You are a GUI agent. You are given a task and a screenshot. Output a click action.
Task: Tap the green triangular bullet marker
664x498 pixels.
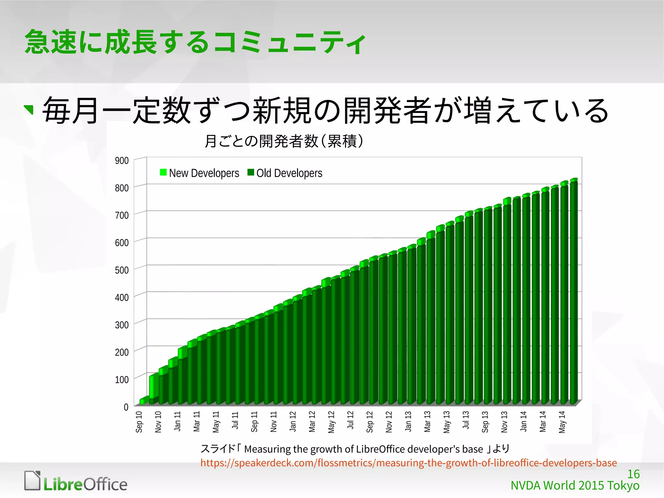pyautogui.click(x=29, y=109)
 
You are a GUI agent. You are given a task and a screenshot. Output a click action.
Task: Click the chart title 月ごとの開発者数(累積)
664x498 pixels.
pyautogui.click(x=284, y=141)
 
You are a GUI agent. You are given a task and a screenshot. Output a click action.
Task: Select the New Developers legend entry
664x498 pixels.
pyautogui.click(x=199, y=173)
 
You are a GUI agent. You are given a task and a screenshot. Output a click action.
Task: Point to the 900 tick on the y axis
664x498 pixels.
pyautogui.click(x=122, y=161)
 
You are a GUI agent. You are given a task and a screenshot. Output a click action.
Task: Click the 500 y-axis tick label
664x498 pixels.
pyautogui.click(x=122, y=270)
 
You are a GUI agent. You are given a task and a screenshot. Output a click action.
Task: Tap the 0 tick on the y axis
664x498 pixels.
pyautogui.click(x=126, y=407)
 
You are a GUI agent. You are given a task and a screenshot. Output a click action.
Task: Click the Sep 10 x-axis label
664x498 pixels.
pyautogui.click(x=139, y=422)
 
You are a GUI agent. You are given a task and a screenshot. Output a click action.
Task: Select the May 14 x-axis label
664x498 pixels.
pyautogui.click(x=562, y=422)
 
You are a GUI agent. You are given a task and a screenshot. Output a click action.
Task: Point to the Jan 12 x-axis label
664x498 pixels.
pyautogui.click(x=293, y=422)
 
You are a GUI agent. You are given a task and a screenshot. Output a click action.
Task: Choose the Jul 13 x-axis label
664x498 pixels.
pyautogui.click(x=466, y=420)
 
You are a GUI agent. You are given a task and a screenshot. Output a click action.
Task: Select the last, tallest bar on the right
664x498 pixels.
pyautogui.click(x=574, y=292)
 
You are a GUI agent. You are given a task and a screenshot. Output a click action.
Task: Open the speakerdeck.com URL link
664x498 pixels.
pyautogui.click(x=409, y=463)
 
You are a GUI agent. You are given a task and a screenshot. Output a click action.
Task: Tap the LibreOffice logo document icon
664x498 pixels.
pyautogui.click(x=32, y=480)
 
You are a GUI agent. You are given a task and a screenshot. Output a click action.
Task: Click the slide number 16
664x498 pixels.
pyautogui.click(x=633, y=474)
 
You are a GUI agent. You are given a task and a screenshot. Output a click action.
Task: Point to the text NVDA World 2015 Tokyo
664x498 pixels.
pyautogui.click(x=575, y=486)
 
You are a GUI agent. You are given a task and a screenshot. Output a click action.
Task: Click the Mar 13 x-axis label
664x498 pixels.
pyautogui.click(x=427, y=422)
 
